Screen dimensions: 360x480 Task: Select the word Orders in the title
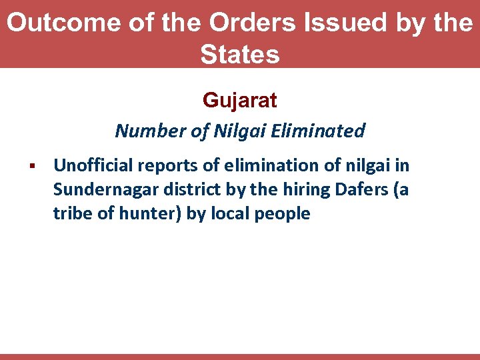click(250, 23)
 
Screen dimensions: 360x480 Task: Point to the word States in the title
click(240, 54)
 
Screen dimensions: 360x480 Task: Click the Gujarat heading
click(240, 101)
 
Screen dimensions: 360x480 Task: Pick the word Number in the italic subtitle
click(150, 131)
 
